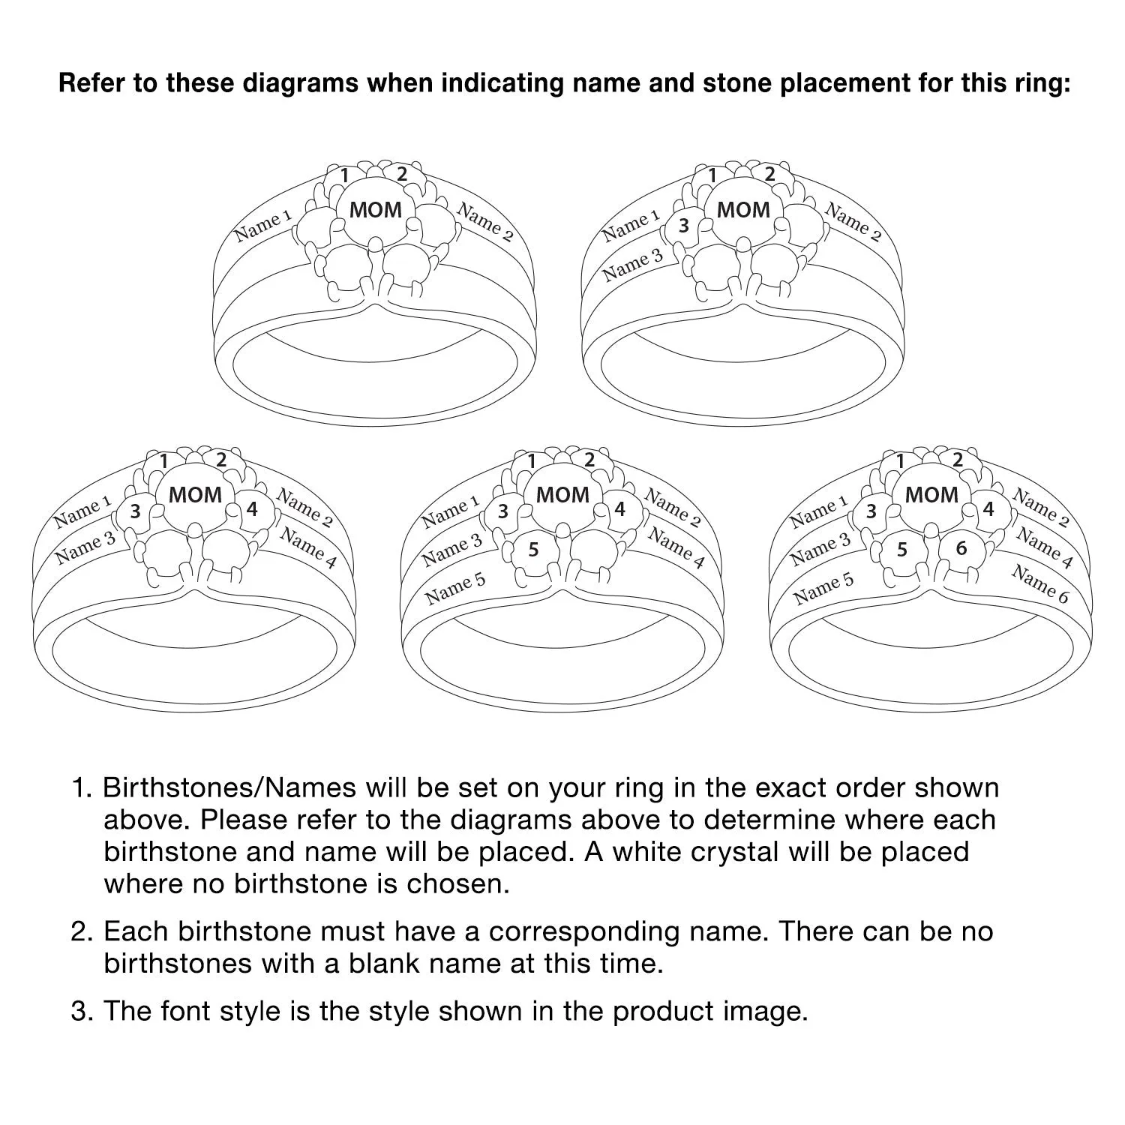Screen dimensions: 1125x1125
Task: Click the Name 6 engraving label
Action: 1040,583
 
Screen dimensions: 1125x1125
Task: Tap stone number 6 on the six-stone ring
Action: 961,549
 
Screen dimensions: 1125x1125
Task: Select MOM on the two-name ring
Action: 376,210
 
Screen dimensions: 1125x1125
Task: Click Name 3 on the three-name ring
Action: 633,264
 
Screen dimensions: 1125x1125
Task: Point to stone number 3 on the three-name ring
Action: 683,225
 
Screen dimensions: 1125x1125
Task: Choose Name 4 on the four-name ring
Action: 308,547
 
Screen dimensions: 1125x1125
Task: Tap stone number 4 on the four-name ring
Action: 252,509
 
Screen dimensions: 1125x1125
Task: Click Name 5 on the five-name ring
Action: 455,589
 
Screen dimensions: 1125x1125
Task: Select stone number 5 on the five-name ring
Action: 533,550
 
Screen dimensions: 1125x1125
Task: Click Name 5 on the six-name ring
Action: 823,589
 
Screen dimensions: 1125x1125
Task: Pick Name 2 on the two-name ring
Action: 486,222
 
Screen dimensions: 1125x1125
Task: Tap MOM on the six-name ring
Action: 931,495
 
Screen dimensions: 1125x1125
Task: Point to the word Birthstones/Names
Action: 229,788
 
